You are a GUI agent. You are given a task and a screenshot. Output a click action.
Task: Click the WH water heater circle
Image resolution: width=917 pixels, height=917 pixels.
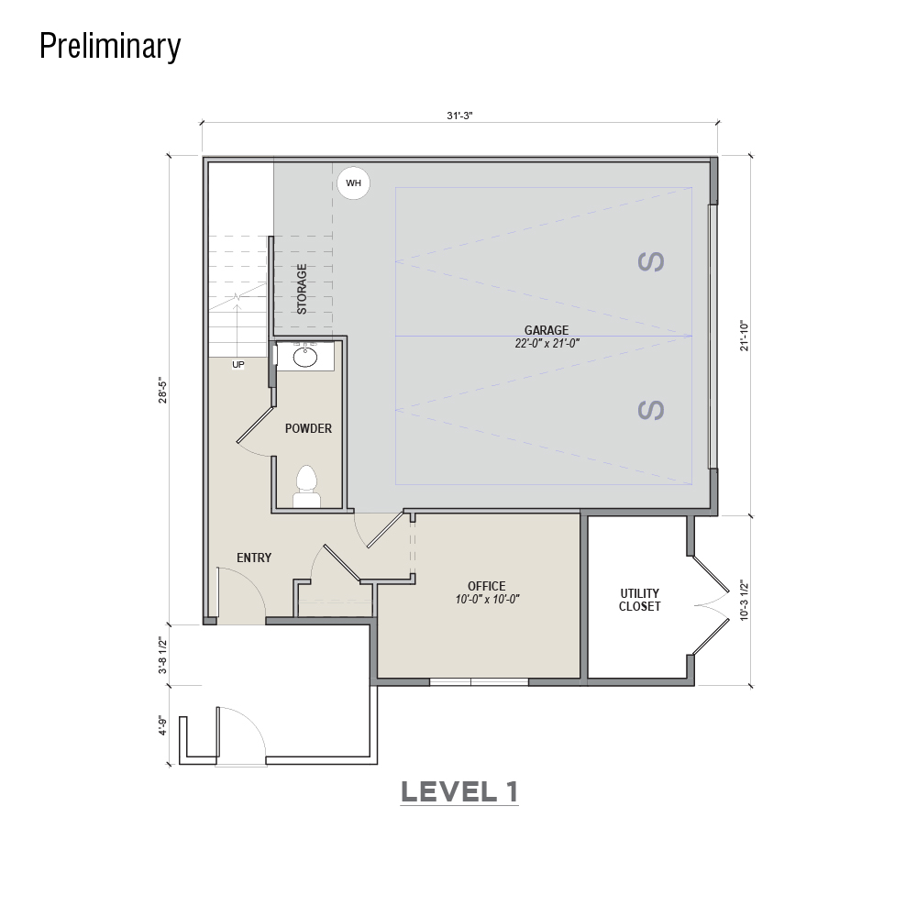click(353, 183)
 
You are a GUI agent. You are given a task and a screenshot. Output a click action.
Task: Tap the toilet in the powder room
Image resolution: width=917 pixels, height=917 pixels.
click(306, 487)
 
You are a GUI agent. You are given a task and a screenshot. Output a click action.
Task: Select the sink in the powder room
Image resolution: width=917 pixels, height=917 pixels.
click(305, 356)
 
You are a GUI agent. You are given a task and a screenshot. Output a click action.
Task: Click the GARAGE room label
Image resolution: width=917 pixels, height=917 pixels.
click(547, 330)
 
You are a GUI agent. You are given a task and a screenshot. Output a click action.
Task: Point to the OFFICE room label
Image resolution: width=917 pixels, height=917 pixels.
click(487, 586)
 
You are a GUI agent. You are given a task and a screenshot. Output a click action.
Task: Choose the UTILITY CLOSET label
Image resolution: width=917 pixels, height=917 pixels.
click(640, 600)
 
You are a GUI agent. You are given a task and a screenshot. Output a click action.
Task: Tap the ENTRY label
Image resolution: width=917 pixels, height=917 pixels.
click(254, 558)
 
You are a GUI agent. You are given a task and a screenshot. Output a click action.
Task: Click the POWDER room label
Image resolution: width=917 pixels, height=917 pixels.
click(308, 428)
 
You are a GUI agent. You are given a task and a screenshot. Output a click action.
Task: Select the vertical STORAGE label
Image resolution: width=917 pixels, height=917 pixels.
click(302, 289)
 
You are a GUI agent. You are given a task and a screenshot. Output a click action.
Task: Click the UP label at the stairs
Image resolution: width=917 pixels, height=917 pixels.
click(238, 364)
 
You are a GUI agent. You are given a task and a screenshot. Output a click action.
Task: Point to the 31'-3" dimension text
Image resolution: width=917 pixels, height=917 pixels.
click(459, 116)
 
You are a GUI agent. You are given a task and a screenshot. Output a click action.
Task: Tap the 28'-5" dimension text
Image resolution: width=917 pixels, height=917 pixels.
click(162, 392)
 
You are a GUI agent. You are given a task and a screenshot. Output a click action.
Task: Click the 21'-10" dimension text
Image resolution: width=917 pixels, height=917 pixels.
click(744, 336)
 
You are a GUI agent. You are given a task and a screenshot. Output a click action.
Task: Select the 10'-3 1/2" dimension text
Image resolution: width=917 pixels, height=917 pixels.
click(744, 600)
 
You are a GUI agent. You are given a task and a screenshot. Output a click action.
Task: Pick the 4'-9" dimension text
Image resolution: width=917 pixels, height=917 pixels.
click(162, 725)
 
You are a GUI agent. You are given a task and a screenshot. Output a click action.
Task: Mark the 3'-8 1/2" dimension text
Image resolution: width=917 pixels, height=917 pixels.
click(162, 656)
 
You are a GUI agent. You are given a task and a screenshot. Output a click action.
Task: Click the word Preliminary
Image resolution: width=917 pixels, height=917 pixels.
click(111, 46)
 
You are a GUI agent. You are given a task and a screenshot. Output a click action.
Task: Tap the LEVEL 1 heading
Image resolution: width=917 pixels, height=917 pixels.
click(459, 792)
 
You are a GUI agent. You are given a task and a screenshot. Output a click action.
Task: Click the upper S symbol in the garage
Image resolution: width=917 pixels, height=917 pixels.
click(651, 261)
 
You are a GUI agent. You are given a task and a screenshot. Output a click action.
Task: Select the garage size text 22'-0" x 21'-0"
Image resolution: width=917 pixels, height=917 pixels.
click(547, 344)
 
